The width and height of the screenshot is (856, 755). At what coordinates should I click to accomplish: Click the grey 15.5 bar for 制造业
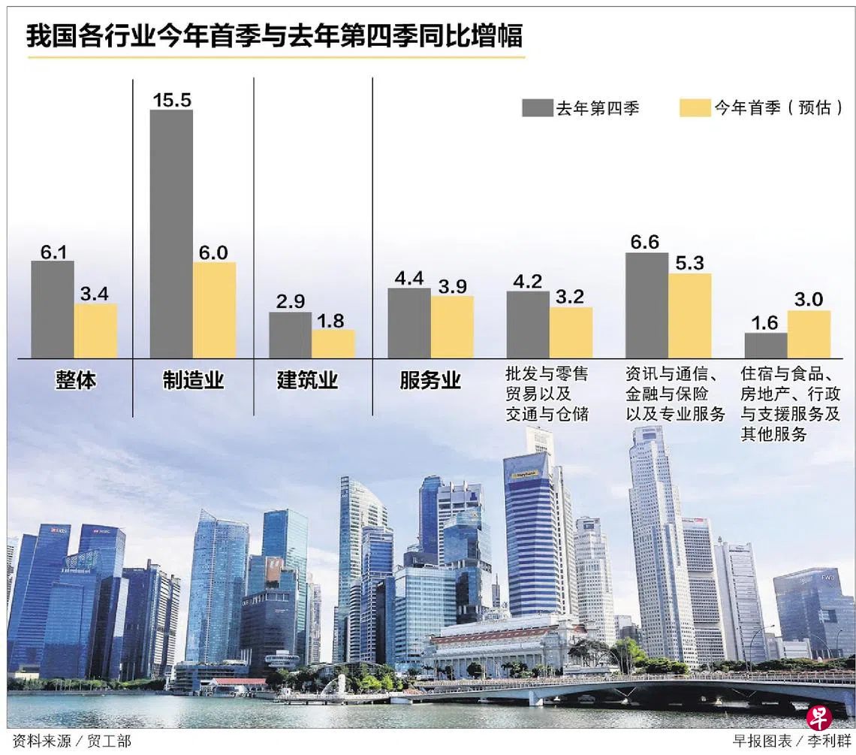(x=171, y=234)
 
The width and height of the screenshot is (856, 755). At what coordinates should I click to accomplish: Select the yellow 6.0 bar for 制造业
(x=214, y=310)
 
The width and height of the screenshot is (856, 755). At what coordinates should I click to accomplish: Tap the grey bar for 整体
(x=52, y=309)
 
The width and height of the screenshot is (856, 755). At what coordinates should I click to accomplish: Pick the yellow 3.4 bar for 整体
(x=95, y=331)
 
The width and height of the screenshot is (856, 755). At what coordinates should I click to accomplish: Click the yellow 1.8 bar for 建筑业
(x=333, y=343)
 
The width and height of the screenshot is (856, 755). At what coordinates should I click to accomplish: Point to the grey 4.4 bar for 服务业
(x=408, y=322)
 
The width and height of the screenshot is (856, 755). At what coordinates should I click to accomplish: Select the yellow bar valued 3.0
(x=809, y=334)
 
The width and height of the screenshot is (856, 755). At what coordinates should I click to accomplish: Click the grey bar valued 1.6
(x=766, y=345)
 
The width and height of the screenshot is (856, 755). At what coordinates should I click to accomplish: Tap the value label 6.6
(x=646, y=242)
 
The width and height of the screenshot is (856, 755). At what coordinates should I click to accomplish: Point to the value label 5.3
(x=689, y=263)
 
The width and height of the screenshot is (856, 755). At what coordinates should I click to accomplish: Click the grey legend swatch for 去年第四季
(x=537, y=108)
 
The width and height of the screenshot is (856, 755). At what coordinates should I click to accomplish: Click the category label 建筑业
(x=307, y=380)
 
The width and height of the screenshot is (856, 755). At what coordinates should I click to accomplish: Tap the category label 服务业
(x=430, y=380)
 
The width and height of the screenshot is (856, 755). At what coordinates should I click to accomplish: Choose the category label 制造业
(x=193, y=380)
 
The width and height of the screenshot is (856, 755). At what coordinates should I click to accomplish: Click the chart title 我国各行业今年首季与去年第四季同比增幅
(x=274, y=36)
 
